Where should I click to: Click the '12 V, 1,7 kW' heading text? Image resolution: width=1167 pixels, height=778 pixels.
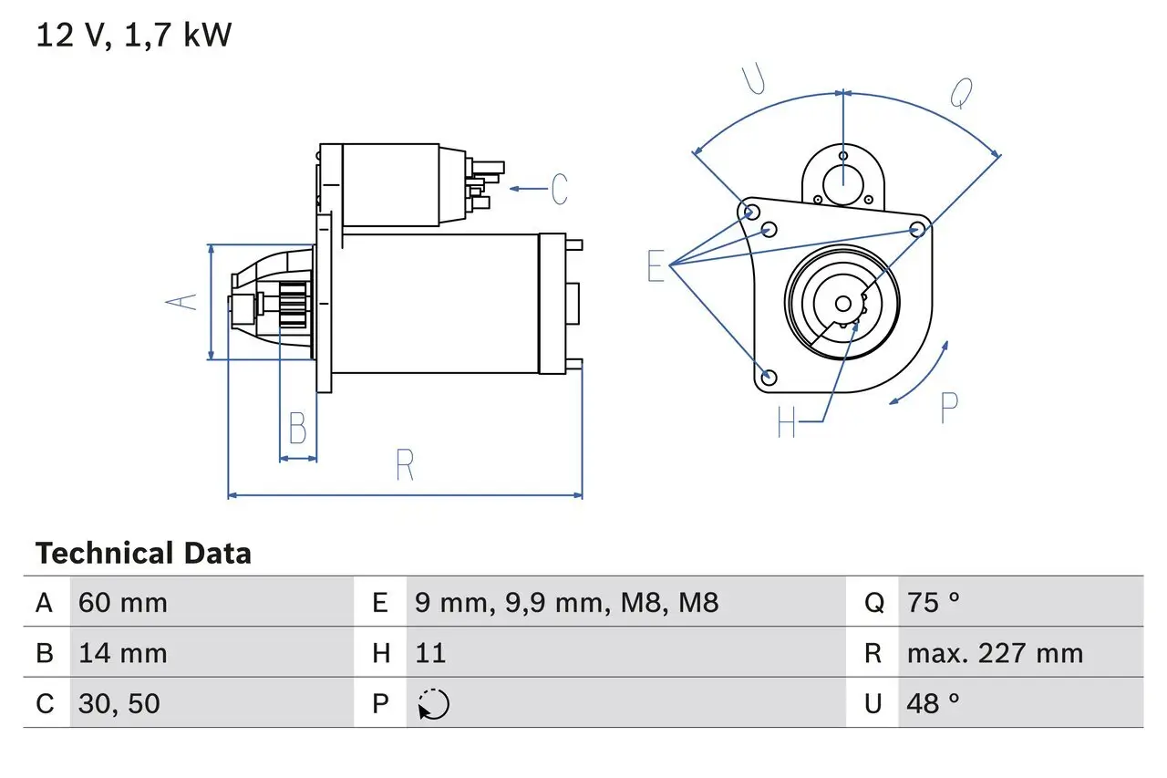pos(133,36)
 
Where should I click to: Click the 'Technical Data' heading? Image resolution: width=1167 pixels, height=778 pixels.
pos(143,554)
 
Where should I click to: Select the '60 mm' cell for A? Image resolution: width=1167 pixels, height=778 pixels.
pos(123,603)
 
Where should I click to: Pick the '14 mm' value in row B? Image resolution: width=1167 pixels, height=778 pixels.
pos(123,653)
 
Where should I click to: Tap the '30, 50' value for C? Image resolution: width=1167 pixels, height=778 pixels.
pos(119,703)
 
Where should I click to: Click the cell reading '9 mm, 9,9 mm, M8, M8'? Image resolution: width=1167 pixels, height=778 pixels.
pos(566,603)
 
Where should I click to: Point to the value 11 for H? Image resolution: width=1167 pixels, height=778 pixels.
pos(430,653)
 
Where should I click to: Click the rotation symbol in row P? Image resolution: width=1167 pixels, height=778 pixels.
pos(433,704)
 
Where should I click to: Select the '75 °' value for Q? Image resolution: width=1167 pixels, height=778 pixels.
pos(934,603)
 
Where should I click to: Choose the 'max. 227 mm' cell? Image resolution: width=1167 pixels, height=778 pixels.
pos(995,653)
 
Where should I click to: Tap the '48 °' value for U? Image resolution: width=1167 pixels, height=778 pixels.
pos(934,703)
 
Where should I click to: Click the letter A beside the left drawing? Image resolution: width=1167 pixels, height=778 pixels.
pos(185,301)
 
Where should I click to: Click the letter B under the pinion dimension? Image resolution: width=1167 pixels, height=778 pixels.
pos(297,428)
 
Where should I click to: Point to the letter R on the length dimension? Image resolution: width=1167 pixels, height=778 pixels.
pos(406,465)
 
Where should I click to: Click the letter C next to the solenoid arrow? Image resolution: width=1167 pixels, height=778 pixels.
pos(559,189)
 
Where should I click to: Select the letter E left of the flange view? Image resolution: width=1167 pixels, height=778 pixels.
pos(656,266)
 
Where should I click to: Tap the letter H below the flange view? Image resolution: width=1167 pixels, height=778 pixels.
pos(786,422)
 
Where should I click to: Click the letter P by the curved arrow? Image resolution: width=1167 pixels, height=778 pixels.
pos(948,408)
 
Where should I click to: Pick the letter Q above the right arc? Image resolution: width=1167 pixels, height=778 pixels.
pos(962,92)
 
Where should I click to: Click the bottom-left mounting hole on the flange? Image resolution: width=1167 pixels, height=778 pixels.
pos(768,376)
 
